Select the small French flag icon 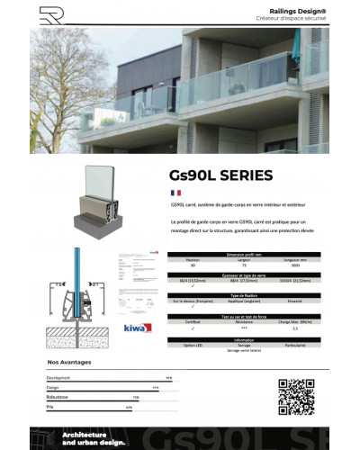[175, 193]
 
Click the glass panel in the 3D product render [101, 190]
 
